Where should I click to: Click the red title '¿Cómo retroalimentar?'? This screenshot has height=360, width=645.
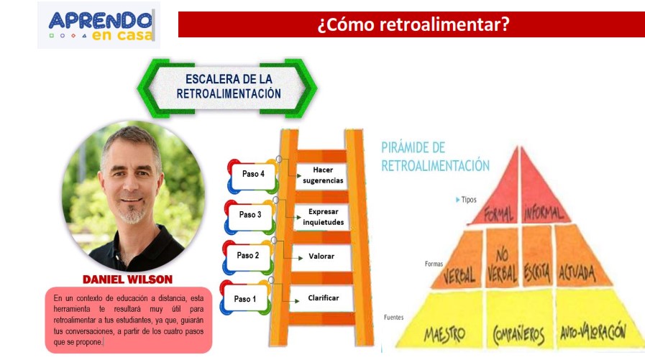pyautogui.click(x=413, y=24)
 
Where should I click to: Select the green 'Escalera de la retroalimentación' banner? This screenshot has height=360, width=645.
pyautogui.click(x=228, y=87)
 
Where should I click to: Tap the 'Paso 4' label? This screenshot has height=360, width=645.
pyautogui.click(x=253, y=174)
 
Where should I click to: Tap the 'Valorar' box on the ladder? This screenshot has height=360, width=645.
pyautogui.click(x=321, y=256)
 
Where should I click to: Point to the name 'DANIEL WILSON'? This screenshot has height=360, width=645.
pyautogui.click(x=127, y=279)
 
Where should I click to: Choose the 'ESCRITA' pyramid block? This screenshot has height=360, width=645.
pyautogui.click(x=537, y=272)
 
